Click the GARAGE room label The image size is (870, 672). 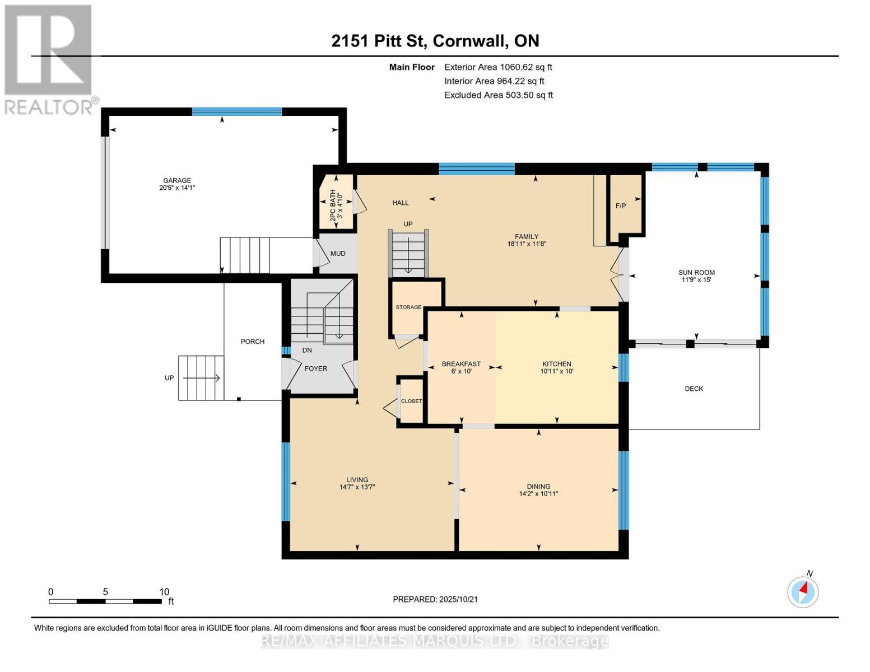click(177, 180)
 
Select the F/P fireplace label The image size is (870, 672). click(620, 206)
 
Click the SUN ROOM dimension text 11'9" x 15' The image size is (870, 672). click(696, 279)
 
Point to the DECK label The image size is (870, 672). click(694, 389)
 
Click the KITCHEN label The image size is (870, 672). click(556, 364)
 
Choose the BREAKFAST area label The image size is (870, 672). click(461, 364)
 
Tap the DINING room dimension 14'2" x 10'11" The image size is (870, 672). click(538, 494)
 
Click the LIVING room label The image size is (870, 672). click(357, 479)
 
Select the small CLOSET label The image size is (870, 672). click(411, 401)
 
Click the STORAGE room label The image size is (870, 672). click(408, 307)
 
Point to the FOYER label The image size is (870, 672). click(316, 368)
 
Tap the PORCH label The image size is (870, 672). click(253, 342)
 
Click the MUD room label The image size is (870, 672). click(338, 253)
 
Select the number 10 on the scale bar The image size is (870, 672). click(164, 592)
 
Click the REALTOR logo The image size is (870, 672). click(49, 59)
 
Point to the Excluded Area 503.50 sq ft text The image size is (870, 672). click(499, 95)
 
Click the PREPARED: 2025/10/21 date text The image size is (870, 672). click(435, 599)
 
